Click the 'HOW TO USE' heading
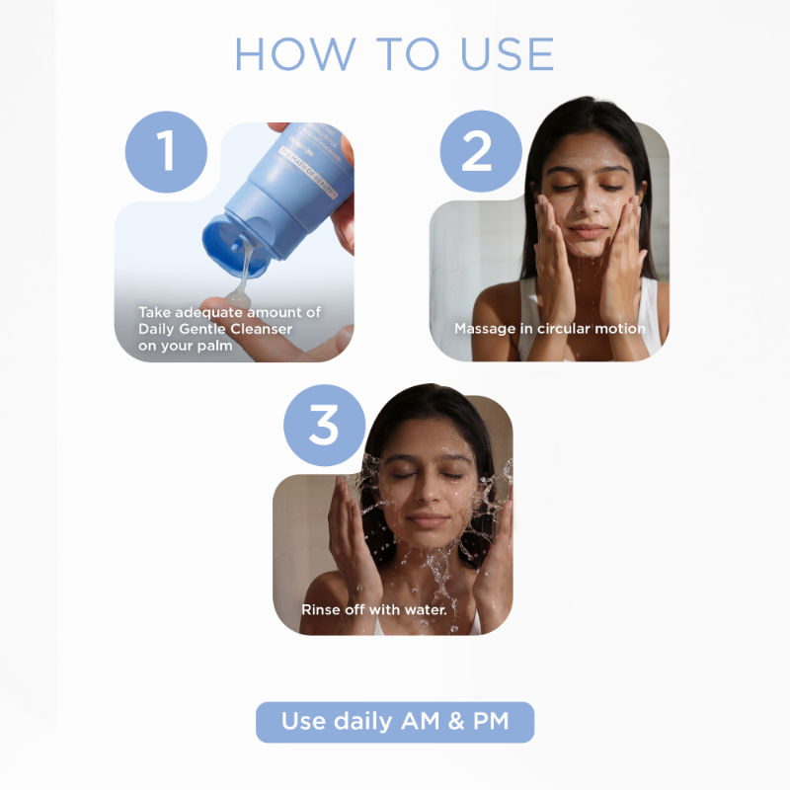394,54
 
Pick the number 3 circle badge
324,426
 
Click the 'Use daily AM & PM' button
394,722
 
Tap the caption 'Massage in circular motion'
549,328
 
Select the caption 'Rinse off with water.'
374,609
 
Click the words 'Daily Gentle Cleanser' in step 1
215,329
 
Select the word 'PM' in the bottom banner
488,722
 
